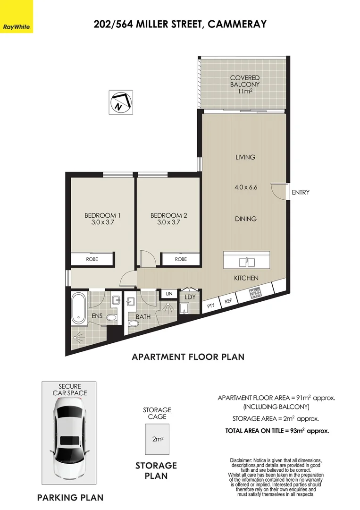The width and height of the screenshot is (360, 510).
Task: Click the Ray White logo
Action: (x=17, y=17)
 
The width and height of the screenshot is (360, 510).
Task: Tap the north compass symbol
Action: (x=120, y=102)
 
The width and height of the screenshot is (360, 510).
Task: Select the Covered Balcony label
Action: (x=245, y=84)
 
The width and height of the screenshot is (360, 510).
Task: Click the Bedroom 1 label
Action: (x=102, y=219)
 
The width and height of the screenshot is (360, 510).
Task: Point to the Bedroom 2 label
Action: (x=168, y=219)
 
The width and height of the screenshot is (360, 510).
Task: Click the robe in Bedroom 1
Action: (x=92, y=259)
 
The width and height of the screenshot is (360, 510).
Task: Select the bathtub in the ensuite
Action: (x=78, y=308)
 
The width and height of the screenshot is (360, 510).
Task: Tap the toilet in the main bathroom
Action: (x=133, y=324)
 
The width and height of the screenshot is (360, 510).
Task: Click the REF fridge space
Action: (x=228, y=301)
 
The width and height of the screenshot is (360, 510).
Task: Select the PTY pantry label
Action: (x=211, y=305)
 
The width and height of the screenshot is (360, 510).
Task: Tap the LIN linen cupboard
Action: (x=169, y=294)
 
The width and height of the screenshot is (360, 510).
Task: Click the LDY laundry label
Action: (x=190, y=297)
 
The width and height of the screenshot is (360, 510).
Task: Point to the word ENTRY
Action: (x=301, y=192)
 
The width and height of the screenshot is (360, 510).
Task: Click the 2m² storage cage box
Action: (x=157, y=439)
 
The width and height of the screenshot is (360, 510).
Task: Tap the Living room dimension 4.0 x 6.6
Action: (x=246, y=187)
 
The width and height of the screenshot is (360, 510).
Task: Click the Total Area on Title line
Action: (x=277, y=431)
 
